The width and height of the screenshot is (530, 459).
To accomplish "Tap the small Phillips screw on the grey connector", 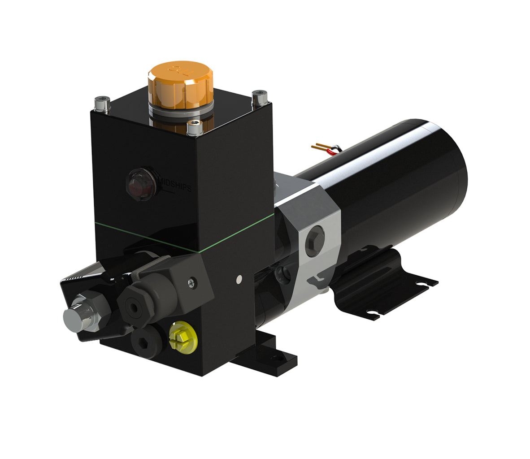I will coord(192,282).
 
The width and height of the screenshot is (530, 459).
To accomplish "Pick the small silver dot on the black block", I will coord(239,279).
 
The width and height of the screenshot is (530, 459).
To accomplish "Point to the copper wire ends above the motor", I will coord(321,146).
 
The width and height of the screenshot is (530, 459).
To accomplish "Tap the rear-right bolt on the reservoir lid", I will coord(260,97).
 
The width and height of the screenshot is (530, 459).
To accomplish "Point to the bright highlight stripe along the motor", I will coord(372,148).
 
